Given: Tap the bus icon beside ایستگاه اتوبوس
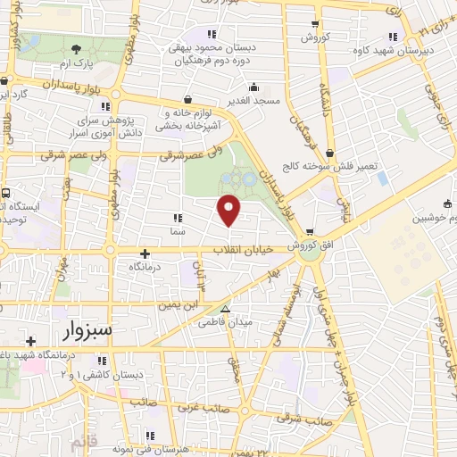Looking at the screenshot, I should click(x=6, y=194).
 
